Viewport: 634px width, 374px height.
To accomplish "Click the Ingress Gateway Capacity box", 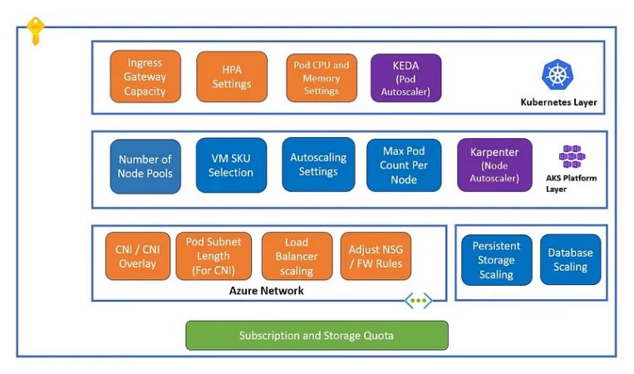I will click(x=145, y=76).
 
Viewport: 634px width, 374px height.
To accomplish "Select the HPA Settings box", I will click(x=232, y=76).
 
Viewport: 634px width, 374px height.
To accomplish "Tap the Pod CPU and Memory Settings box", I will click(x=322, y=77).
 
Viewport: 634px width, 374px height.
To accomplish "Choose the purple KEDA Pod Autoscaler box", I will click(x=405, y=77).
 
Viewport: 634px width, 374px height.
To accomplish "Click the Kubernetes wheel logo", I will click(x=558, y=74).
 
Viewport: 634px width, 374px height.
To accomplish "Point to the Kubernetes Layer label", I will click(x=558, y=103).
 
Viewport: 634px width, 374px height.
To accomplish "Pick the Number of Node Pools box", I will click(x=145, y=166).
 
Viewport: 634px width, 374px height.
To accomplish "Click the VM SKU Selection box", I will click(x=231, y=165).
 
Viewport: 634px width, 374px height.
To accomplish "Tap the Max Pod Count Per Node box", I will click(x=404, y=165).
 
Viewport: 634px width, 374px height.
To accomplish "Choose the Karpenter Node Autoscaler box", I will click(x=494, y=165).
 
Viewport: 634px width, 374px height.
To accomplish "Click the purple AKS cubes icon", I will click(x=572, y=157).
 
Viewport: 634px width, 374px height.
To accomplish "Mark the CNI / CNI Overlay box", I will click(x=137, y=256).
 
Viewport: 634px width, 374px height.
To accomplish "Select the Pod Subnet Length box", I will click(x=214, y=256).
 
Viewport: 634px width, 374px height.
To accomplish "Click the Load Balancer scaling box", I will click(x=297, y=257).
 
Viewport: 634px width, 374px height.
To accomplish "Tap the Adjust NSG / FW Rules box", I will click(x=376, y=256).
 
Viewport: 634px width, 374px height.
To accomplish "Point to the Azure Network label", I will click(x=266, y=291).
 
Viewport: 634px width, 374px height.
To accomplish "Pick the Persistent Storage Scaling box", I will click(x=496, y=260).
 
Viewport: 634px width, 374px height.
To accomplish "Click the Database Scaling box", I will click(x=570, y=259).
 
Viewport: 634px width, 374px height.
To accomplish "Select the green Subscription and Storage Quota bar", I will click(x=317, y=335).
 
